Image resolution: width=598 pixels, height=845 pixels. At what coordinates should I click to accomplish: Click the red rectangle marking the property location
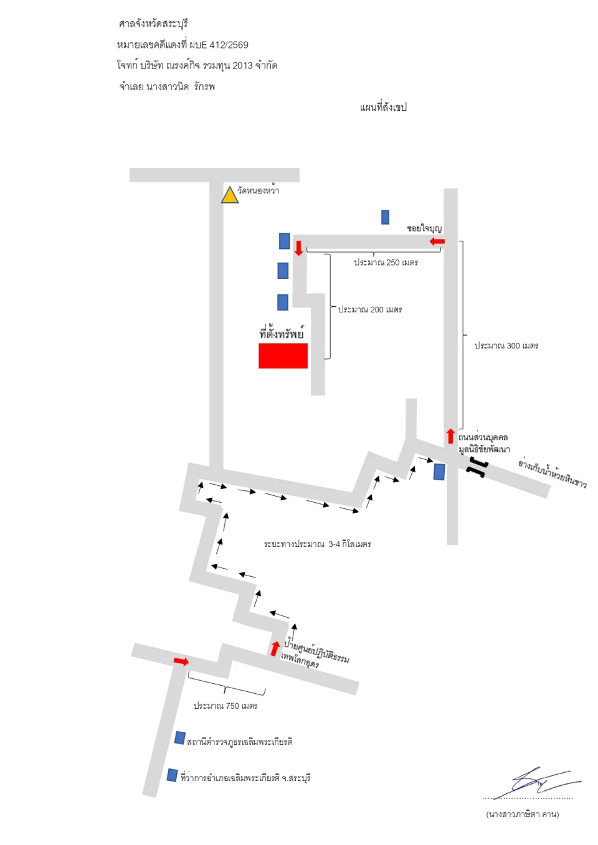click(283, 355)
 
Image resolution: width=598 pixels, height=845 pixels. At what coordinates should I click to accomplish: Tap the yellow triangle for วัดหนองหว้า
click(229, 195)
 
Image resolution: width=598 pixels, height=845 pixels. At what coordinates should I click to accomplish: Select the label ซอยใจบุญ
click(424, 228)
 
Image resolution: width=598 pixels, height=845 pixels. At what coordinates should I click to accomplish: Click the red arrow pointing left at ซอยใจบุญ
click(437, 241)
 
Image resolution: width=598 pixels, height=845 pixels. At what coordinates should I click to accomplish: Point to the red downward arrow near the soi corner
click(298, 248)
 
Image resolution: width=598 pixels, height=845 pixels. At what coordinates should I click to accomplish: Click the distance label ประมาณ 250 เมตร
click(386, 262)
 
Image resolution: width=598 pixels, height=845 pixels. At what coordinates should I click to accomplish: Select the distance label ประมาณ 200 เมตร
click(370, 309)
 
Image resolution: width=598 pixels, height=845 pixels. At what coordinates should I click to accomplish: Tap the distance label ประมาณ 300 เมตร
click(506, 345)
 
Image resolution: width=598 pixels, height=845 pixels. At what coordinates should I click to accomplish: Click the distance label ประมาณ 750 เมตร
click(225, 706)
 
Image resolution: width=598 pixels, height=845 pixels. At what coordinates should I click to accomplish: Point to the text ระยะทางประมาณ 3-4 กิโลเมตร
click(318, 544)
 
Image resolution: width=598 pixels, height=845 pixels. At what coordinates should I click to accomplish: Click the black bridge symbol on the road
click(477, 467)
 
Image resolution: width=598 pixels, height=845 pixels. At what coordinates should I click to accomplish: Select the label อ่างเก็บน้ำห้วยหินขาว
click(553, 474)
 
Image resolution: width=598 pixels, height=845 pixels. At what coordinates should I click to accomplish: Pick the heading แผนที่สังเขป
click(383, 107)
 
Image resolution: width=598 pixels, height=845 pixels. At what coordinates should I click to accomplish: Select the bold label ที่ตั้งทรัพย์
click(282, 333)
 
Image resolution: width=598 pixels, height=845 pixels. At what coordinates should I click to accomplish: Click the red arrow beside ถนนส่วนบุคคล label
click(450, 436)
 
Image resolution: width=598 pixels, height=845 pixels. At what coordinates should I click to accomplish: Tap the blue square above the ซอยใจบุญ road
click(385, 217)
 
